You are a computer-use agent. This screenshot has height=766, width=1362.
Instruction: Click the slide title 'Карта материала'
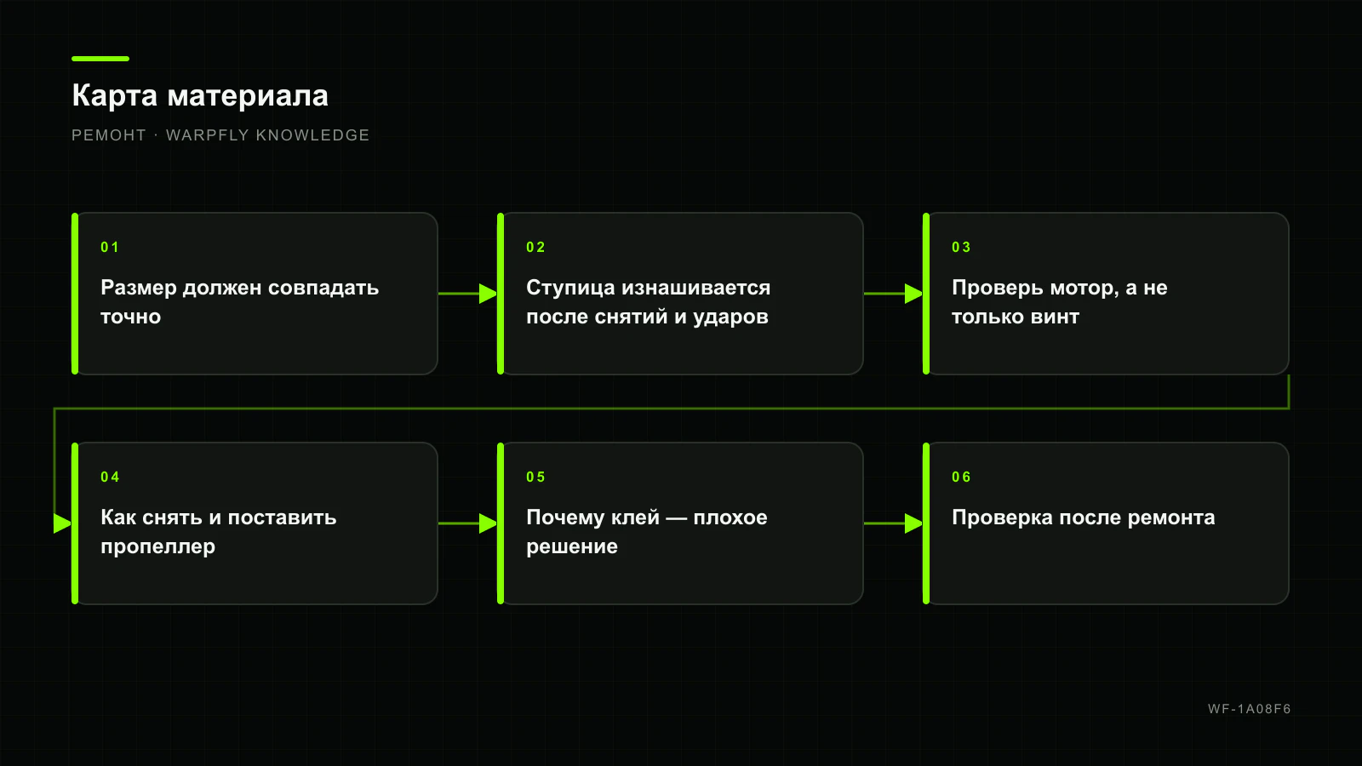[x=200, y=96]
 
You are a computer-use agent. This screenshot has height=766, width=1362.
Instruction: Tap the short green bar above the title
[x=100, y=59]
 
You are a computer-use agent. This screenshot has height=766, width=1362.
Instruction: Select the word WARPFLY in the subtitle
[x=208, y=135]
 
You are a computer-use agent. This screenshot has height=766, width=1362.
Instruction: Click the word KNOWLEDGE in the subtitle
[x=312, y=135]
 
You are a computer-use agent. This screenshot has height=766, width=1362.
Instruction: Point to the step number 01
[x=110, y=247]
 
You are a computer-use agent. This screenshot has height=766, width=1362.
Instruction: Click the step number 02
[x=535, y=247]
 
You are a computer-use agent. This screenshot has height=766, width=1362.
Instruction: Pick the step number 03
[x=961, y=247]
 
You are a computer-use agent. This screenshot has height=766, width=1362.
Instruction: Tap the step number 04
[x=110, y=477]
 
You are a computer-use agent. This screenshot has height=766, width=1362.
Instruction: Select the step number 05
[x=535, y=477]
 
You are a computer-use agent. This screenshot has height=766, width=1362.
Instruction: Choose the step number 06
[x=961, y=477]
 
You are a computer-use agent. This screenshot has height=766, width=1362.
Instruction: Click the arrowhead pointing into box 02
[x=489, y=294]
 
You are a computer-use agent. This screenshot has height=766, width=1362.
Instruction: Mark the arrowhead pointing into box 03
[x=914, y=294]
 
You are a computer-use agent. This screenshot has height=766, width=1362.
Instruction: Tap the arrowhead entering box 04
[x=63, y=523]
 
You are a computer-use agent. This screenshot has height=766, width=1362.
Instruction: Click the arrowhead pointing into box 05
[x=489, y=523]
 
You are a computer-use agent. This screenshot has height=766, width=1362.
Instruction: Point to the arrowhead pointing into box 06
[x=914, y=523]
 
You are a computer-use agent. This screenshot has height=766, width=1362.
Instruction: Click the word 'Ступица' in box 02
[x=570, y=289]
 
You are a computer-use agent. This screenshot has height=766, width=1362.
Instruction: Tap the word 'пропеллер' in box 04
[x=158, y=547]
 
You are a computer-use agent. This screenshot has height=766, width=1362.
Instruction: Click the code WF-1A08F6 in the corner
[x=1250, y=709]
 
